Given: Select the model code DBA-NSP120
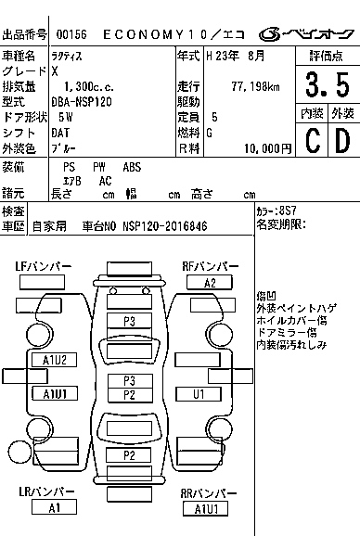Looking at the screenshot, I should (x=83, y=101).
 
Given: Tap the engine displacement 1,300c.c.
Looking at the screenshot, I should (x=86, y=85).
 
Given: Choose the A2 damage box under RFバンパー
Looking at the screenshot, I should (x=210, y=283).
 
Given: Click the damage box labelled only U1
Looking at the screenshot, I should (x=199, y=394).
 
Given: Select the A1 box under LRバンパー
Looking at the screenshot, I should (x=54, y=507).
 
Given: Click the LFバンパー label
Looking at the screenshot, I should (x=43, y=267).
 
